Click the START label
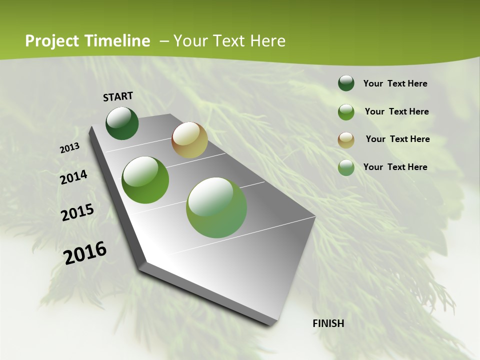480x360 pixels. point(118,96)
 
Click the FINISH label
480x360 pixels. point(328,323)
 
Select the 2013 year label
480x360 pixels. point(69,148)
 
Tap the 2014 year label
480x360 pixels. point(73,177)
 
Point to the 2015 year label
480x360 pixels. point(77,212)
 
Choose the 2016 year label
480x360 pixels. point(84,253)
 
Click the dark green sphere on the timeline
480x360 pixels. point(122,123)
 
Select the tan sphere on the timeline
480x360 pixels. point(189,140)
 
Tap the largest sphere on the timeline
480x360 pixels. point(216,207)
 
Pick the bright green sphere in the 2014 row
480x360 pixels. point(145,180)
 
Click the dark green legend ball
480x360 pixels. point(346,83)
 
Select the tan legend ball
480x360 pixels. point(346,140)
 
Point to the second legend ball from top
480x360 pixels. point(346,112)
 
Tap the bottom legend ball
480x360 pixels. point(346,167)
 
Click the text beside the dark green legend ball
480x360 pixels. point(395,84)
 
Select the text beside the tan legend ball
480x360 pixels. point(397,139)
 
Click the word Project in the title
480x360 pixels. point(52,41)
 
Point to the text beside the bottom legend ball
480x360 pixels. point(395,167)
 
